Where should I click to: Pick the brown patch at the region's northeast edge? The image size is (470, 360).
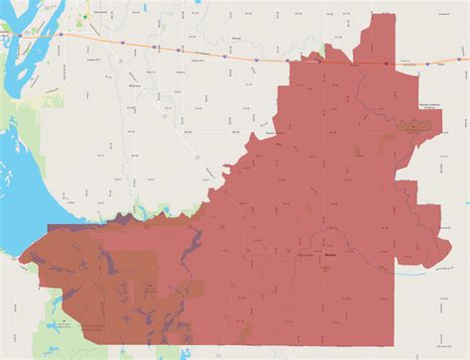(414, 127)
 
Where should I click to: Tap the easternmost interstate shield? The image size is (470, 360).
(388, 63)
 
